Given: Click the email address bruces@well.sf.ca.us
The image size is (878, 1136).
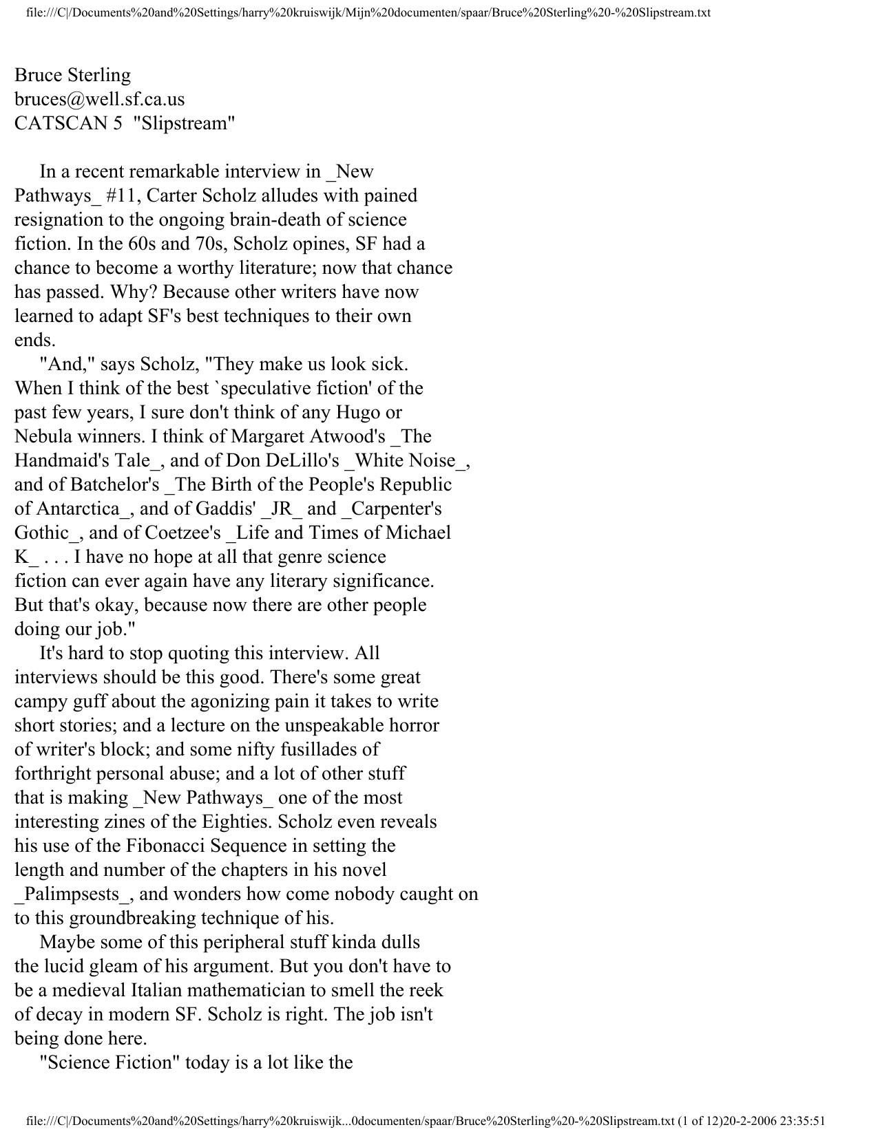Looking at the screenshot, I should coord(100,100).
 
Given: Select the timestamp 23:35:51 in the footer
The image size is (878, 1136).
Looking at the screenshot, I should coord(802,1121).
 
